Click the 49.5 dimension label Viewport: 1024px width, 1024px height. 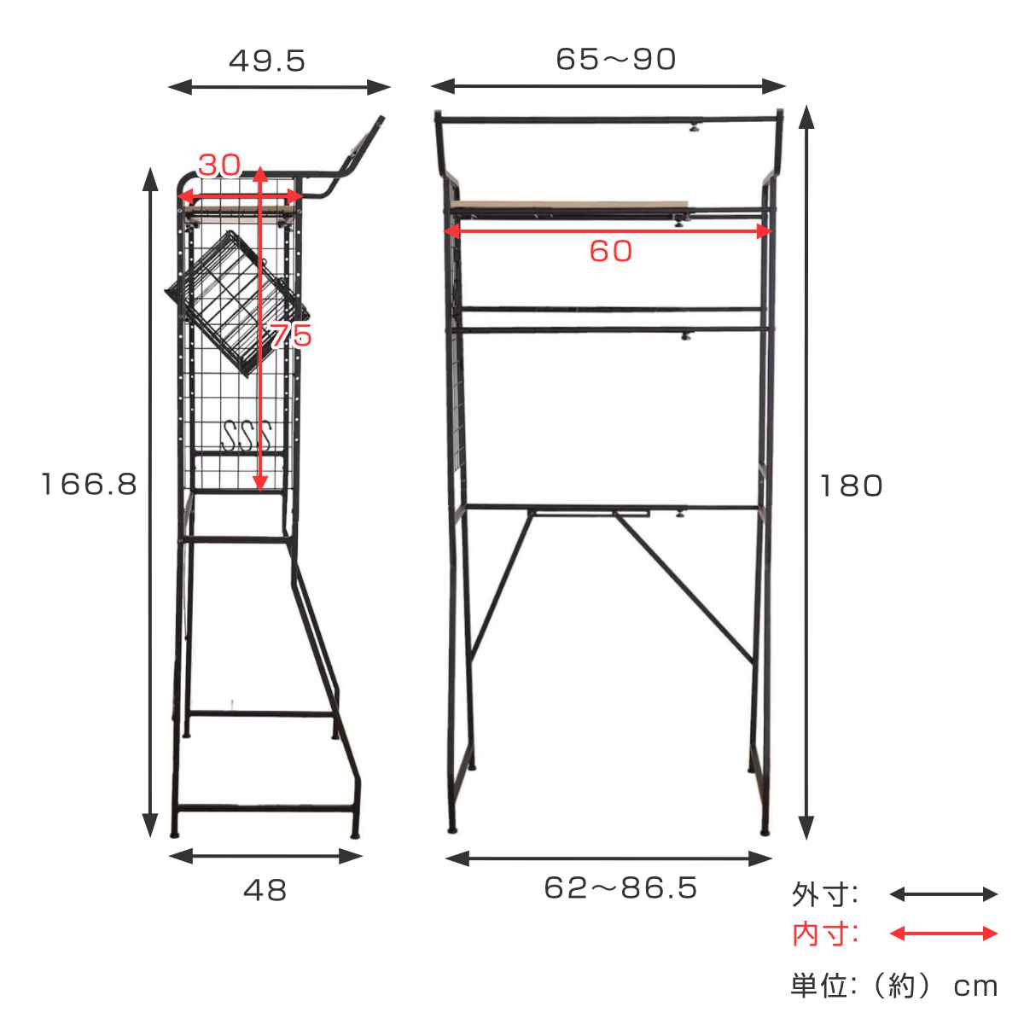pos(267,61)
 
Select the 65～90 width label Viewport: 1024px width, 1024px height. pos(615,59)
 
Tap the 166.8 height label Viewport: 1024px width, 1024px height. pos(90,484)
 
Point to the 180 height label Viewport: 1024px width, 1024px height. pos(852,486)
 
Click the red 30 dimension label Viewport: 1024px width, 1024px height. pos(219,165)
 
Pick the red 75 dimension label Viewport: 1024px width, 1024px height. pos(291,335)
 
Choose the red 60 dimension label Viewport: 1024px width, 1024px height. pos(611,251)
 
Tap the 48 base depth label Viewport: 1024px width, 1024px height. pos(265,890)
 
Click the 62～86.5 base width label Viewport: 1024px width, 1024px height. pos(620,887)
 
